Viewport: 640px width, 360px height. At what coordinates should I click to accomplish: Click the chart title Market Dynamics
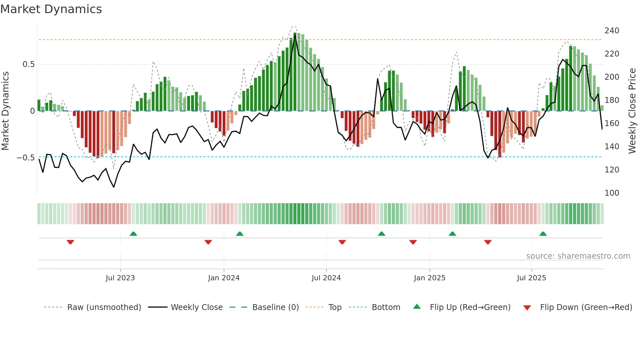[x=51, y=9]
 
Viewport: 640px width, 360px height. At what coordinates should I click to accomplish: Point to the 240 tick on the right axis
[x=612, y=31]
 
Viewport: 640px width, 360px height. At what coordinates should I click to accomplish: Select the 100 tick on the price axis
[x=612, y=193]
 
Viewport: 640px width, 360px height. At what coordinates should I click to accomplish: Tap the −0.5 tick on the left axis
[x=26, y=158]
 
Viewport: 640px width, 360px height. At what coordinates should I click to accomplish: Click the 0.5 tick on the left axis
[x=28, y=64]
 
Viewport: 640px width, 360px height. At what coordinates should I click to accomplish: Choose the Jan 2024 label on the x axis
[x=224, y=278]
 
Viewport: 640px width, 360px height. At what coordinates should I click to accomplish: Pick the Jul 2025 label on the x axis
[x=531, y=278]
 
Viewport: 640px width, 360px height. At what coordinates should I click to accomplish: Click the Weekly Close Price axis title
[x=632, y=111]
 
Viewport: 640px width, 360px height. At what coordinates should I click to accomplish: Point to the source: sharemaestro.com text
[x=578, y=256]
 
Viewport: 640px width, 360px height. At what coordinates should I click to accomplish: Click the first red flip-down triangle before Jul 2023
[x=70, y=242]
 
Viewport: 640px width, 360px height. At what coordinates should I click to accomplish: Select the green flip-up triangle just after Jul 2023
[x=133, y=234]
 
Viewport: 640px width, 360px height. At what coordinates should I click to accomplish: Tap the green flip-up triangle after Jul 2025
[x=543, y=234]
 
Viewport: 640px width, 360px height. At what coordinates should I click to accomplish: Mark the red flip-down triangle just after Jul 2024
[x=342, y=242]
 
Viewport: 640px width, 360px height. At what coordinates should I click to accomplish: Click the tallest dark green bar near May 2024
[x=295, y=72]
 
